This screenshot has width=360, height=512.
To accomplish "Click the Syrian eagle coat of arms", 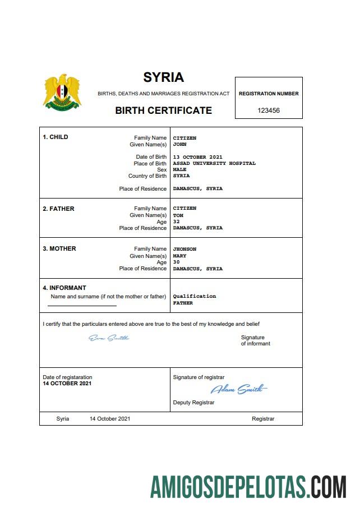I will point(62,91).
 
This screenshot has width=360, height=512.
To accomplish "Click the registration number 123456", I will point(269,110).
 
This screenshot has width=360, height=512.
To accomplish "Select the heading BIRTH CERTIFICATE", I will point(163,110).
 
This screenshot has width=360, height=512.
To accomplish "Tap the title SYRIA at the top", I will point(163,77).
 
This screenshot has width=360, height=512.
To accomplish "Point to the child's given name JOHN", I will point(179,144).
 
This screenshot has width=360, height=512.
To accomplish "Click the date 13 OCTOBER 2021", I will point(197,157).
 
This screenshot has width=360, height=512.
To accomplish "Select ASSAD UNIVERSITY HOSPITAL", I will point(214,164).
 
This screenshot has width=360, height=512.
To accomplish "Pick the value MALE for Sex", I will point(179,170).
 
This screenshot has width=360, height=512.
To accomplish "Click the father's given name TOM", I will point(178,215).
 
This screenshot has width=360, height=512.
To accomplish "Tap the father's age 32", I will point(176,222).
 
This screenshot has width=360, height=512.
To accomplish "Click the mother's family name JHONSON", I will point(184,249).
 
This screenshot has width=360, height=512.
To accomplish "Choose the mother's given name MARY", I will point(179,256).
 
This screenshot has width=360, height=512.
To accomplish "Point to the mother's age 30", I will point(176,262).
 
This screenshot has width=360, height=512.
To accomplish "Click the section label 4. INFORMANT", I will point(64,288).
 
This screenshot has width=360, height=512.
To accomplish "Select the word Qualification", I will point(194,296).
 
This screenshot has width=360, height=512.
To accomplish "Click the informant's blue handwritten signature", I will point(109,338).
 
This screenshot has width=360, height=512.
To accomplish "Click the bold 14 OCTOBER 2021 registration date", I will point(67,384).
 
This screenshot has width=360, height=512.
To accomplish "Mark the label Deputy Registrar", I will point(193,403).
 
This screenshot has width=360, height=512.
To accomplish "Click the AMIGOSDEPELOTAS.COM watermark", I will point(248,487).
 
